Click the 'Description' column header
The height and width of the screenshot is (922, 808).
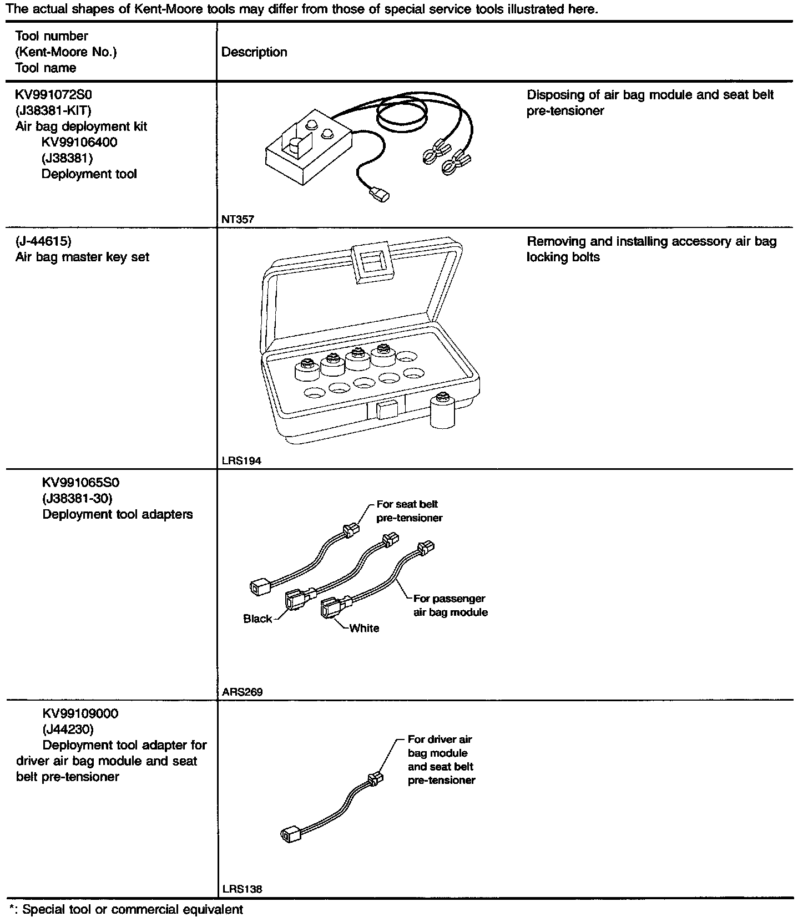point(254,52)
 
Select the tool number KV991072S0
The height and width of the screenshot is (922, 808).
point(53,94)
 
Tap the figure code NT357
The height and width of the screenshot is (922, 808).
point(238,219)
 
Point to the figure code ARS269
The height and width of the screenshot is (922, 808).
point(242,692)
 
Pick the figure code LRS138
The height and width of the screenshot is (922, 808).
point(242,889)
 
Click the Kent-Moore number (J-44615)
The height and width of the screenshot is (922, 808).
point(43,241)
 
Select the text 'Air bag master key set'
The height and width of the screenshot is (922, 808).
point(82,257)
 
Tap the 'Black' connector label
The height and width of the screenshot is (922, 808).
point(257,619)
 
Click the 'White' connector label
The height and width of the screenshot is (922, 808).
point(364,628)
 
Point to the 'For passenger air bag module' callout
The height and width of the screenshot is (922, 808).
point(450,605)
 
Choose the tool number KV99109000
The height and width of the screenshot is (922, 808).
point(80,713)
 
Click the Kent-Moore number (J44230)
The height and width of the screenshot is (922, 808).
point(68,728)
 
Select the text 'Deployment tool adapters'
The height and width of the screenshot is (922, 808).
point(118,514)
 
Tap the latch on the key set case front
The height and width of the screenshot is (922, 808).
point(386,411)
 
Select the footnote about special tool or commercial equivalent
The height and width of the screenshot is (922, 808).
point(127,910)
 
